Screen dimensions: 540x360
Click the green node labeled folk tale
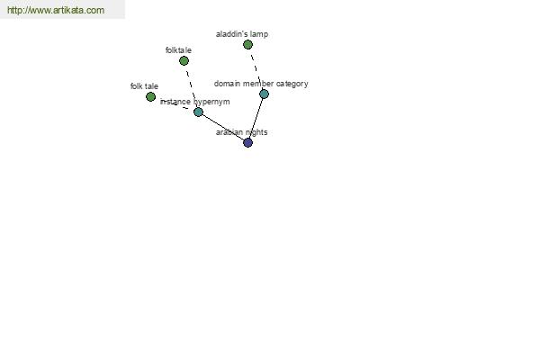point(150,97)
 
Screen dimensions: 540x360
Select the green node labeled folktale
point(184,61)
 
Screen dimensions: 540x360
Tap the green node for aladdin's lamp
point(247,44)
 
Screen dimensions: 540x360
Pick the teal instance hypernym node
point(198,112)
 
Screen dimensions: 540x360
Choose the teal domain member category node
point(264,94)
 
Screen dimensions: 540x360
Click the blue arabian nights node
point(247,142)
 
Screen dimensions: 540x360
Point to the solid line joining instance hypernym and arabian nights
point(223,127)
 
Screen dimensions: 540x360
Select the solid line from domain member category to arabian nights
point(256,118)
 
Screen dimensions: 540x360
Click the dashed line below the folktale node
point(191,86)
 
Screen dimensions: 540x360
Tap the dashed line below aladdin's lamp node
point(256,69)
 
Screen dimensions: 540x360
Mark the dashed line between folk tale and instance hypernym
point(175,104)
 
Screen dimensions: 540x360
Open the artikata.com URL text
point(56,10)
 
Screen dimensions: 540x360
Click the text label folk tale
point(144,86)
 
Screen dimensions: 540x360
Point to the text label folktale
point(178,50)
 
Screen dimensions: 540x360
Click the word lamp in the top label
point(260,34)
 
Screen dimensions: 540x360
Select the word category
point(292,84)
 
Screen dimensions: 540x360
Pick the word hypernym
point(211,102)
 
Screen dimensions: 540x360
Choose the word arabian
point(228,132)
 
